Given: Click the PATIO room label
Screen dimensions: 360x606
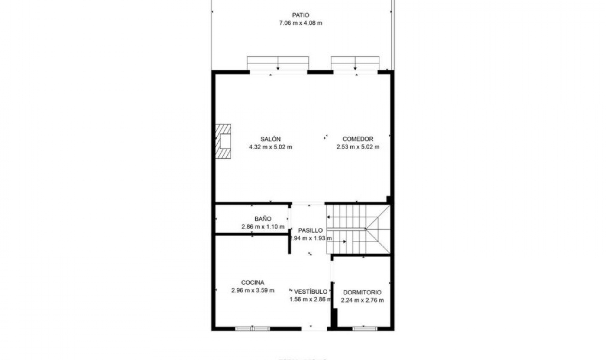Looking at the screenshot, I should pos(300,15).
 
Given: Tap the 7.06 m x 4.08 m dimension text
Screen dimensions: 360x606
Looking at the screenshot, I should pos(300,23).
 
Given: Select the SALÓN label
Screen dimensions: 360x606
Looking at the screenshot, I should pos(270,139).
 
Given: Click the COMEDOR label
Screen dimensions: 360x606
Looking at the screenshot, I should pos(358,139).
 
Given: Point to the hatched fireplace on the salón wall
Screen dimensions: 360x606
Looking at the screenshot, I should pos(223,141).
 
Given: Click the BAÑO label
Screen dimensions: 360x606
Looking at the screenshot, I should pos(263,219).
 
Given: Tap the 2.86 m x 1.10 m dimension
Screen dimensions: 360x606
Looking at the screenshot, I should pos(263,226).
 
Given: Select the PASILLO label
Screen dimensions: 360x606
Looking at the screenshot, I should pos(310,230).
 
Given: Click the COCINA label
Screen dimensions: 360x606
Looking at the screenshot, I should pos(252,282).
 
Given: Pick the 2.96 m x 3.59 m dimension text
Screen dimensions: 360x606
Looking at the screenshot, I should pos(252,290).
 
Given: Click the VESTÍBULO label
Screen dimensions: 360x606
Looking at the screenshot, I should pos(311,291).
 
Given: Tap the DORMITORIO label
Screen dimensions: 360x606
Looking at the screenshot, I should pos(362,292).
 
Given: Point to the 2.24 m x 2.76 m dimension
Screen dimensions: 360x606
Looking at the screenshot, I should pos(362,300).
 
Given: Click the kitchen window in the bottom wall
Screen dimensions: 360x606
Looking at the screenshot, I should pos(252,329).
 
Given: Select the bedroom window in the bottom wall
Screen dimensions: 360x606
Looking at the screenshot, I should pos(365,329).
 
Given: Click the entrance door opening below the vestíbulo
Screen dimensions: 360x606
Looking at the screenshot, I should pos(314,329).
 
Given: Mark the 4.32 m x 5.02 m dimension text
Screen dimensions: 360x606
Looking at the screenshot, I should pos(270,147).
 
